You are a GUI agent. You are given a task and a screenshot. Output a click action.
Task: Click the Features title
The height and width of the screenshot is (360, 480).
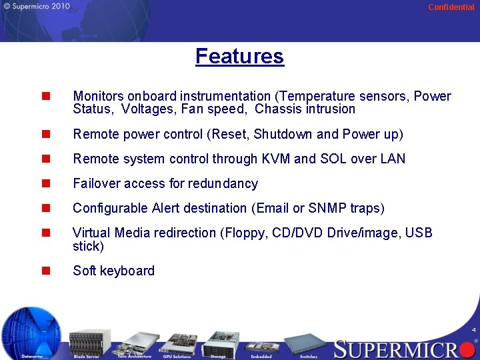(x=239, y=56)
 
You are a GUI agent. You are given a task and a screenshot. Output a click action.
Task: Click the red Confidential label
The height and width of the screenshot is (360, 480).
(x=451, y=7)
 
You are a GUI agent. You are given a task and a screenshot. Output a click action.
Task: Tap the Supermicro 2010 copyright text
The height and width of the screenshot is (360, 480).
(x=36, y=7)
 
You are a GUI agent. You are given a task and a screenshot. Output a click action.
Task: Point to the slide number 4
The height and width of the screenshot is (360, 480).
(x=473, y=330)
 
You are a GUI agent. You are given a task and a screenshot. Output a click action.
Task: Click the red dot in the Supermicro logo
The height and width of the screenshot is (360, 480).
(x=465, y=349)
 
